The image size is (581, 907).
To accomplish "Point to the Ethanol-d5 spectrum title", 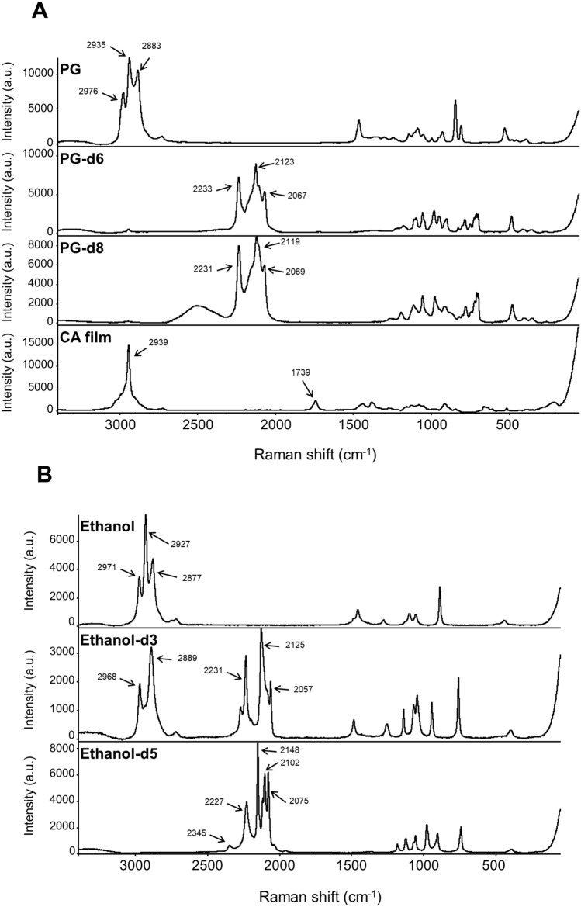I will [x=114, y=753].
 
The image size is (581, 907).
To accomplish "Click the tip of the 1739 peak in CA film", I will [x=315, y=400].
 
